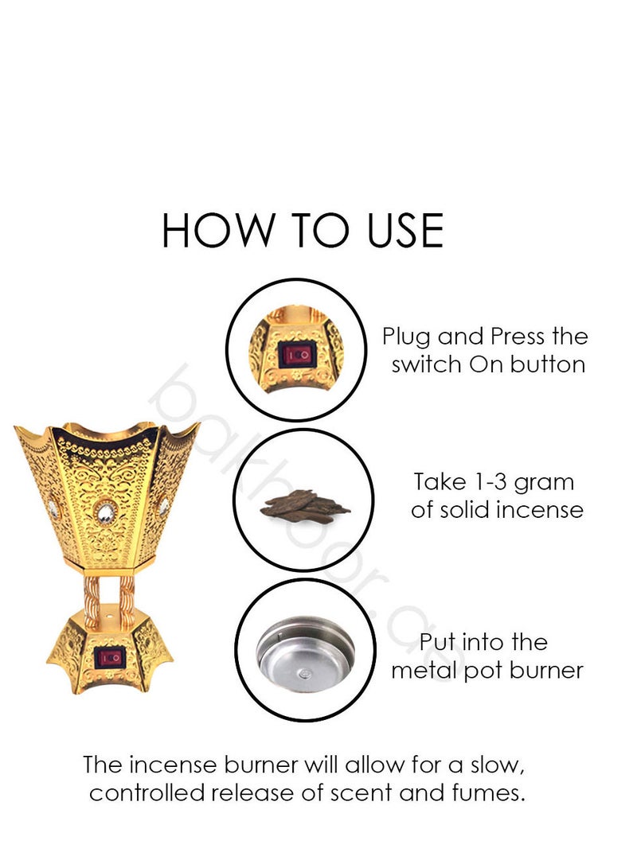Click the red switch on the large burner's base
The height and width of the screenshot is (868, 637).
111,657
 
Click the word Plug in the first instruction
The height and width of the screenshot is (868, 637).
406,337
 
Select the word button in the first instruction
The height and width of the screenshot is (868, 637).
549,365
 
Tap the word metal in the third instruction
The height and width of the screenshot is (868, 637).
421,670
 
